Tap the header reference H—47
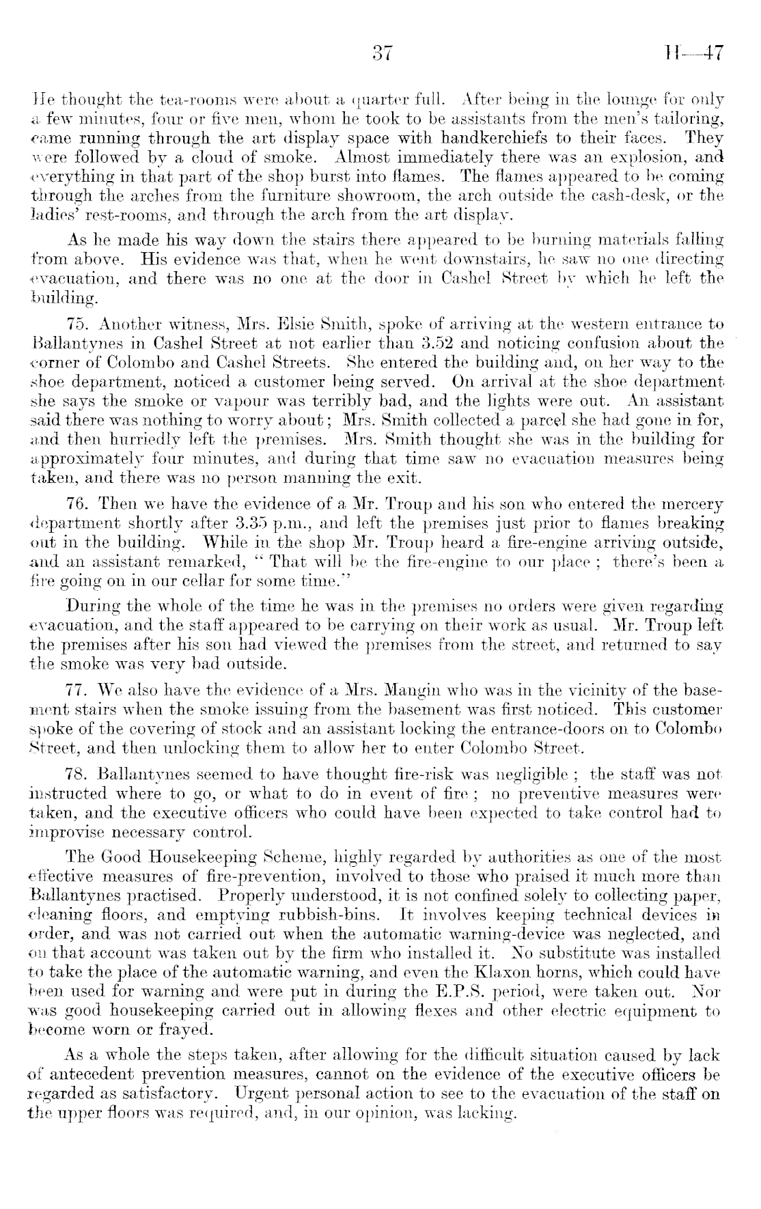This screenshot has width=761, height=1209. tap(691, 54)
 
